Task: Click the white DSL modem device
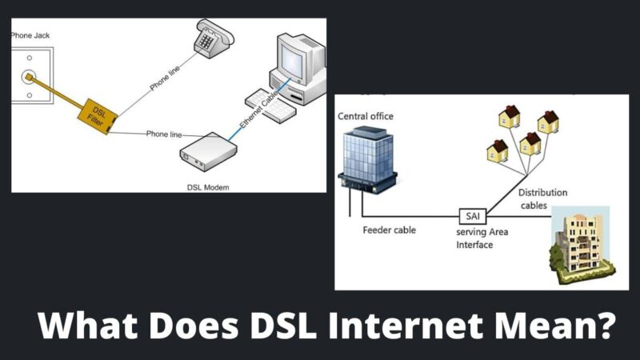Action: coord(209,150)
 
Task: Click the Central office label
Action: coord(366,116)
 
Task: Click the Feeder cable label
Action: coord(388,230)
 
